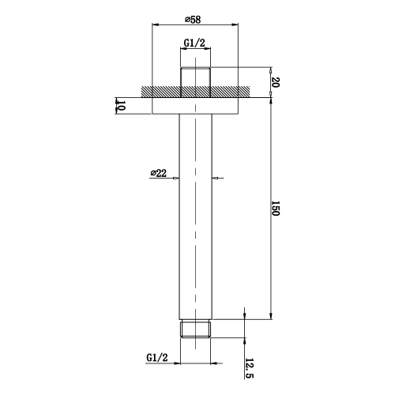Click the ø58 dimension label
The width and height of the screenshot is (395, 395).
coord(193,20)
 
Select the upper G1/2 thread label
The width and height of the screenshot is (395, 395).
coord(194,43)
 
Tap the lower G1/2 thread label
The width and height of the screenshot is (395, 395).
coord(157,358)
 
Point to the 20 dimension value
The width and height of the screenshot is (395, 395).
coord(276,82)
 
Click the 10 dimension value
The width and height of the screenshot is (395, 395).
coord(121,105)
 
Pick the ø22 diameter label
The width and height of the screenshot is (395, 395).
coord(159,173)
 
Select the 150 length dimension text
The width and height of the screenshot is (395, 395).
coord(275,209)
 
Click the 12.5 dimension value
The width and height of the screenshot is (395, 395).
coord(249,368)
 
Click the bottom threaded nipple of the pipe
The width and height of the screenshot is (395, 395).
coord(195,329)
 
